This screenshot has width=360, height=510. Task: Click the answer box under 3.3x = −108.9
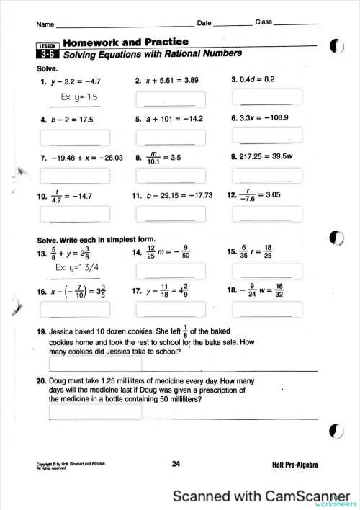tap(266, 136)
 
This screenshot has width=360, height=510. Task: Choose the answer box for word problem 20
tap(95, 412)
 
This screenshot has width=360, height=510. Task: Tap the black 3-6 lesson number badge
tap(48, 54)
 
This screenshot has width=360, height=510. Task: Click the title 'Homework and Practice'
tap(126, 42)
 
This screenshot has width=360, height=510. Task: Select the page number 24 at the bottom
tap(176, 464)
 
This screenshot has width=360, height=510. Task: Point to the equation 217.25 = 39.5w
tap(266, 156)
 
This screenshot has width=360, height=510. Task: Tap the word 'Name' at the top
tap(45, 24)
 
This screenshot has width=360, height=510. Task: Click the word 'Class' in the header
tap(264, 22)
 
